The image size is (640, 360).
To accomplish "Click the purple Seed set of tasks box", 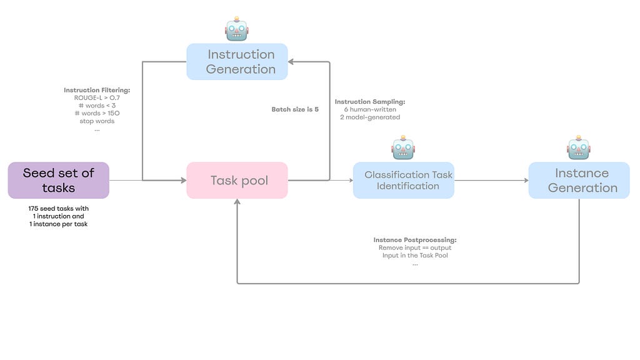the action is click(58, 181).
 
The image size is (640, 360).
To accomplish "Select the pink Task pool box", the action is click(237, 181).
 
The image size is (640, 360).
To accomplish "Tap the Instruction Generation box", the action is click(237, 62).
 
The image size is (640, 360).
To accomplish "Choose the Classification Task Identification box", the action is click(404, 181).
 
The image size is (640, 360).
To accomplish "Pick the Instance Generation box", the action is click(579, 181).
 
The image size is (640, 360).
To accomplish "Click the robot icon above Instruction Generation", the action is click(237, 29).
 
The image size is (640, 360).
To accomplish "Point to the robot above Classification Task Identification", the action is click(403, 147).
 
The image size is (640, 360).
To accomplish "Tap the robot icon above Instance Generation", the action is click(579, 147).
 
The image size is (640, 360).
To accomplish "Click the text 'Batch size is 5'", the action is click(295, 109).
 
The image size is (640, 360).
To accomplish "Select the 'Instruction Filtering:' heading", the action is click(97, 90).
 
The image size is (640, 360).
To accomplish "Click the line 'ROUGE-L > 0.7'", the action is click(97, 98).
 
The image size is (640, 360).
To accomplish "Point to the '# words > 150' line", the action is click(97, 114).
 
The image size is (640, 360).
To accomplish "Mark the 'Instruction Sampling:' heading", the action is click(370, 102).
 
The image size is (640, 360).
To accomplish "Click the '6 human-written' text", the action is click(370, 109).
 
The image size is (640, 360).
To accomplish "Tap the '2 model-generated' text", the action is click(370, 117).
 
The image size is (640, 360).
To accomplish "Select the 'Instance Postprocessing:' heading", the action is click(415, 240).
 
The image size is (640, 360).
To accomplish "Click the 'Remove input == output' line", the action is click(415, 247).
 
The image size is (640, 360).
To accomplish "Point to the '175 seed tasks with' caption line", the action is click(58, 209).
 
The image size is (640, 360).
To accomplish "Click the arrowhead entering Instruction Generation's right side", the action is click(291, 62).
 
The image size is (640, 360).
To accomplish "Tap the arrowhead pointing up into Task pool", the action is click(237, 202).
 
